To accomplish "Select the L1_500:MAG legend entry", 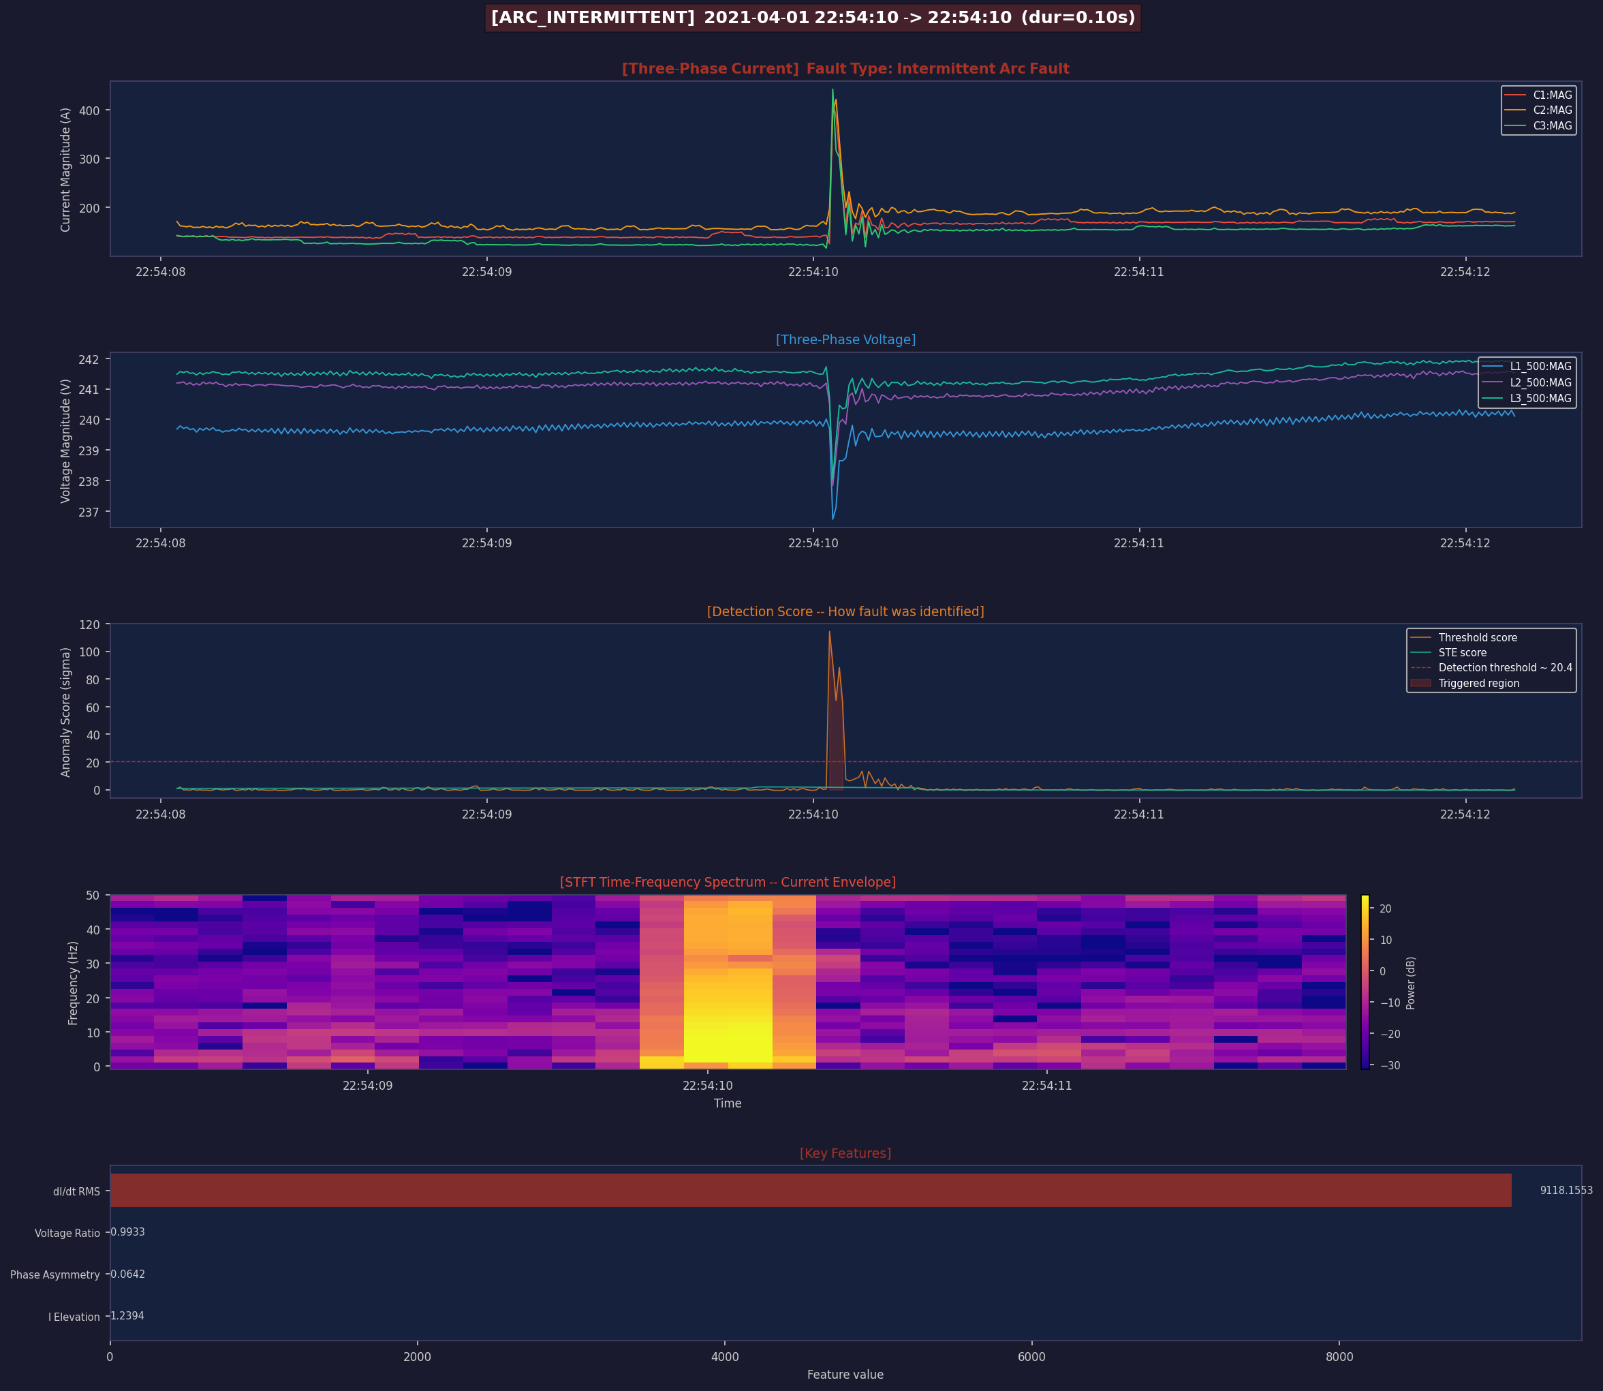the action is click(x=1526, y=367).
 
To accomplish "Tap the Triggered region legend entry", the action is click(x=1464, y=683).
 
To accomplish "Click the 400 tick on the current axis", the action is click(x=90, y=111).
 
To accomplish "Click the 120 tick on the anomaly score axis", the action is click(x=90, y=625).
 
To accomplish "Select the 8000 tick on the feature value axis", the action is click(x=1339, y=1357).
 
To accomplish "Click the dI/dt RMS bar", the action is click(x=811, y=1190).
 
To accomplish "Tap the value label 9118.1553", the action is click(x=1566, y=1190).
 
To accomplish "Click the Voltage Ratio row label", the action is click(x=67, y=1233).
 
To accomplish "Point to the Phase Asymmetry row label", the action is click(x=55, y=1274).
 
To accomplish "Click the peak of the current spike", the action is click(x=832, y=89).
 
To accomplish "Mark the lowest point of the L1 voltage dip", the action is click(x=832, y=519).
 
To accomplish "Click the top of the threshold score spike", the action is click(x=830, y=631).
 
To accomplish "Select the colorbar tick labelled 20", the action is click(x=1385, y=909).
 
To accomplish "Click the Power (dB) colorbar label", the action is click(x=1411, y=983).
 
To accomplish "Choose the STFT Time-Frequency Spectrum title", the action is click(x=728, y=882).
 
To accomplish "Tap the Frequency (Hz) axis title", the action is click(x=74, y=983).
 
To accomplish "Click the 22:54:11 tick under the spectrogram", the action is click(x=1046, y=1085).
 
